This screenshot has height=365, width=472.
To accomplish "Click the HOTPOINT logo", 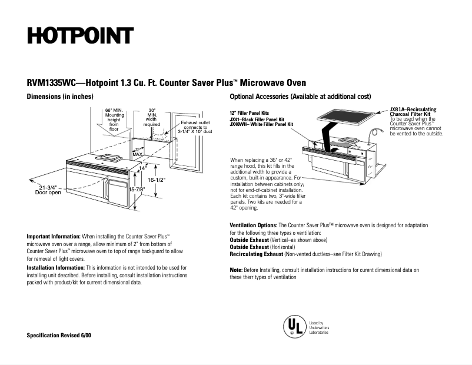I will (x=79, y=36).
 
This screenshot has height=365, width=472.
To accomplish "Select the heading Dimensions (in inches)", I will (x=60, y=96).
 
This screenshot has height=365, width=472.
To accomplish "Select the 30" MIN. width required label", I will (x=152, y=117).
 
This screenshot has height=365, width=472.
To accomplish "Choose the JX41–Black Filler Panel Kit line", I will (x=257, y=120).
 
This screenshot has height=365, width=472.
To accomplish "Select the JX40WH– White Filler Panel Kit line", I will (x=261, y=124).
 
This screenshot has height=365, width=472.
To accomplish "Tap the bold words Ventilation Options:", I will (x=253, y=225).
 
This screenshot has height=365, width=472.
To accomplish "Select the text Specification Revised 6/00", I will (x=59, y=335).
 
